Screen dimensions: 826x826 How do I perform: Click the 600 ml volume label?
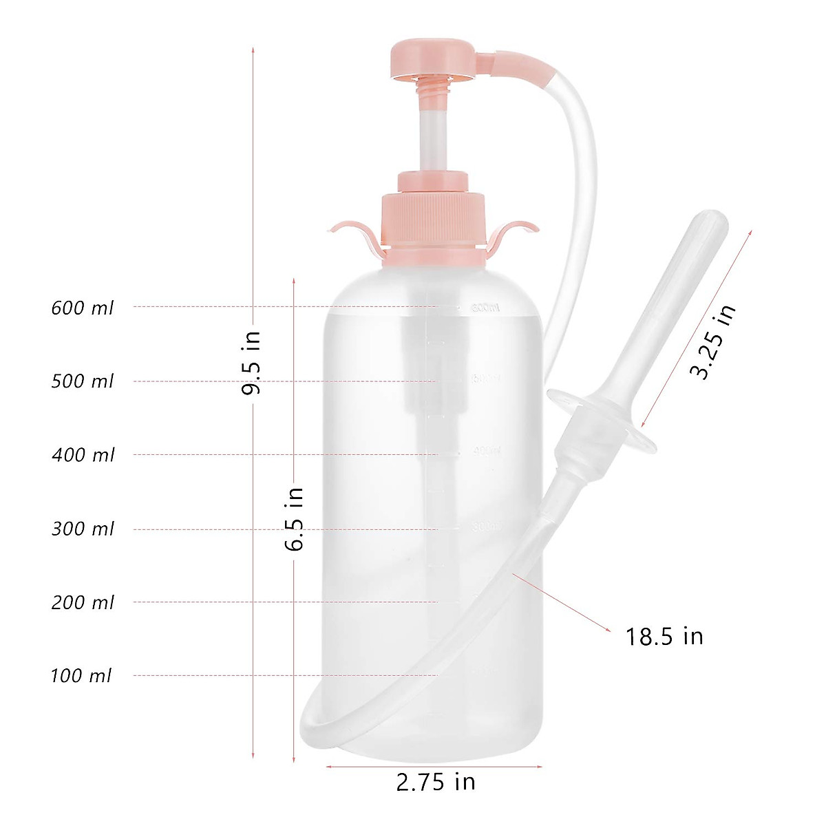[x=83, y=308]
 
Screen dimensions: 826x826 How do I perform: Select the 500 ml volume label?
[x=83, y=381]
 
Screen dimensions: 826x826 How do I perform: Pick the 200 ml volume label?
[x=83, y=603]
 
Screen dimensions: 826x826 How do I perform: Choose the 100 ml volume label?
[x=81, y=676]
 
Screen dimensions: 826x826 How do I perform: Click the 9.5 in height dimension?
[x=253, y=362]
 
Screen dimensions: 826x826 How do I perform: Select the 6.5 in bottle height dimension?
[x=295, y=519]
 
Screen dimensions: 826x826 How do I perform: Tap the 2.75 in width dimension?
[x=436, y=783]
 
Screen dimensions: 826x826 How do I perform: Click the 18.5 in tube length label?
[x=664, y=636]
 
